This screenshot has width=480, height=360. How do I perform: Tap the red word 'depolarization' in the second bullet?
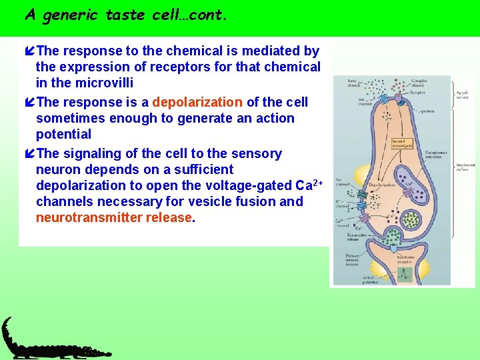tap(198, 102)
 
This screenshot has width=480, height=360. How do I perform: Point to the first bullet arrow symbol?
tap(29, 51)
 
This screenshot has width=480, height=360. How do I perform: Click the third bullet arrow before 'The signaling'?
tap(29, 154)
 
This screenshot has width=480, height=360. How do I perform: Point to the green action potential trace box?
tap(403, 272)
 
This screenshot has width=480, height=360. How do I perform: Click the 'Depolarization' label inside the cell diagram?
tap(385, 185)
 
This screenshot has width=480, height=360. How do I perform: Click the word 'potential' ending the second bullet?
tap(64, 134)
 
